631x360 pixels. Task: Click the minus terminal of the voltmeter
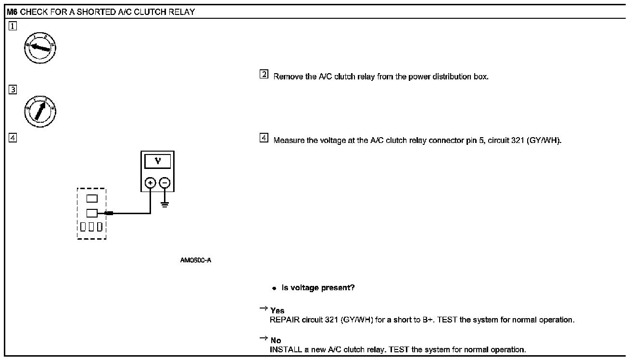pos(165,183)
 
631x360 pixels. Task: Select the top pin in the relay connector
pos(91,198)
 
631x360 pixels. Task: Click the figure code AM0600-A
pos(196,260)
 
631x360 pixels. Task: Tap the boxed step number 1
pos(13,26)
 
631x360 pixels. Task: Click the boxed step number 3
pos(13,89)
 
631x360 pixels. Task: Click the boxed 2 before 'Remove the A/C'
pos(264,75)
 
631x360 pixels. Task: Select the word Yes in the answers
pos(277,311)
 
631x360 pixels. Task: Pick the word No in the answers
pos(276,341)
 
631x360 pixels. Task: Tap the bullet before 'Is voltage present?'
pos(274,288)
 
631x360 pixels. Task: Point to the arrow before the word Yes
pos(264,309)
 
